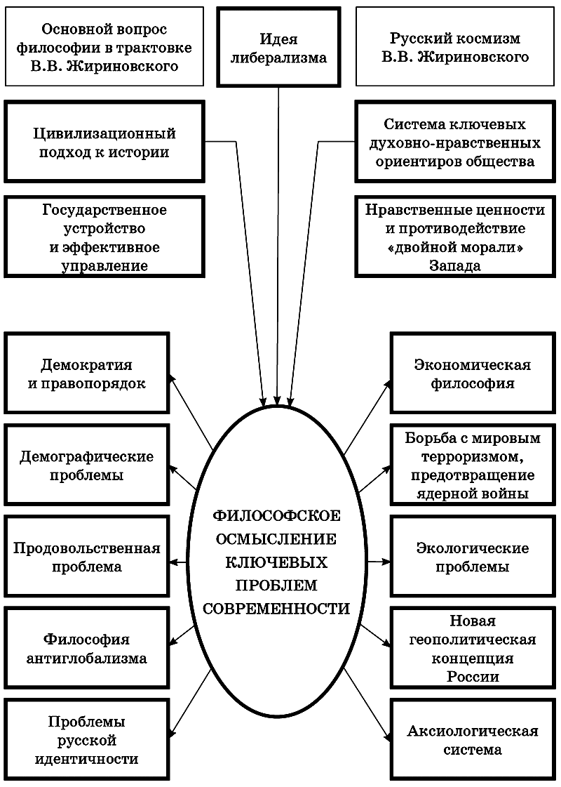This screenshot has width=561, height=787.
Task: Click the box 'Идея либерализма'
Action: pos(278,47)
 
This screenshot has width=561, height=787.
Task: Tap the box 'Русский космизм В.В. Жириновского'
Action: pos(455,47)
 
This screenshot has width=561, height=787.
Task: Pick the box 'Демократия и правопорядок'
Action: pos(87,373)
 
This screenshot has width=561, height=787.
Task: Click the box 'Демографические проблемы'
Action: pos(87,465)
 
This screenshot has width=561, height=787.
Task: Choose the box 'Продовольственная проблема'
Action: pos(87,557)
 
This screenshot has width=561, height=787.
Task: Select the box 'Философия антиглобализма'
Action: pos(87,648)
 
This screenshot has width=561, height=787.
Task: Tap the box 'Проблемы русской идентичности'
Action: pos(87,740)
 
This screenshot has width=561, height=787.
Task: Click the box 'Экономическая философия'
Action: pos(473,373)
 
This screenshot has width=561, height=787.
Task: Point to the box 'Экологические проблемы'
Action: pos(473,557)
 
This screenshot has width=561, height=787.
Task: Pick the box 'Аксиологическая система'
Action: pos(473,740)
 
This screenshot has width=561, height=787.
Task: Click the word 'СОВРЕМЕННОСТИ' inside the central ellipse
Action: pos(276,608)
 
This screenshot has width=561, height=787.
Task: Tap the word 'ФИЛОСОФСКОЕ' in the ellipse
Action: pos(276,516)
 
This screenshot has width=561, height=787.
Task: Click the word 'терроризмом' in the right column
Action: pos(473,456)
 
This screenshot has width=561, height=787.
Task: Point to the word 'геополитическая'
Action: pos(473,640)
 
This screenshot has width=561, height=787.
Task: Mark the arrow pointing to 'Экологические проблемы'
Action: pos(379,562)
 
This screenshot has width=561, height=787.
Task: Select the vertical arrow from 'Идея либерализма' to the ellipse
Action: pos(278,246)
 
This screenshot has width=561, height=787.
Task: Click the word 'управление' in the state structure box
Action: pos(104,266)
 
